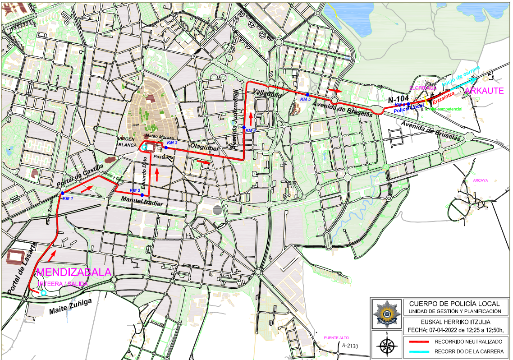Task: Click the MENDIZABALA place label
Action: (73, 272)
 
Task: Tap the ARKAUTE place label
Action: (484, 91)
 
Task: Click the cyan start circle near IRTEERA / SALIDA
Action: (43, 293)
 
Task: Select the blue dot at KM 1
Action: (62, 193)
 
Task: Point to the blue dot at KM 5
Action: (307, 94)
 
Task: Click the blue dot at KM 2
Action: (142, 195)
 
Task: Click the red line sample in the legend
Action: (419, 342)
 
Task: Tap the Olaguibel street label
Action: (204, 147)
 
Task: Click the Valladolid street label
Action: (267, 94)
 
